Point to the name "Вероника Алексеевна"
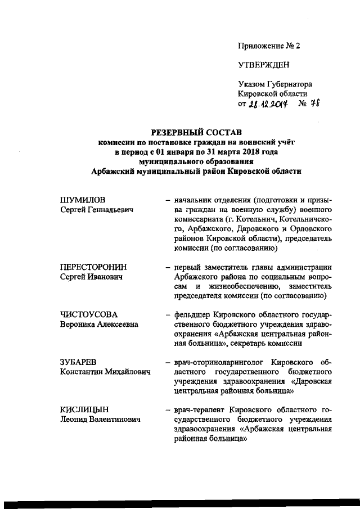click(99, 325)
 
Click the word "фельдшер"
click(191, 315)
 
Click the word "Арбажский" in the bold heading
click(116, 172)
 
